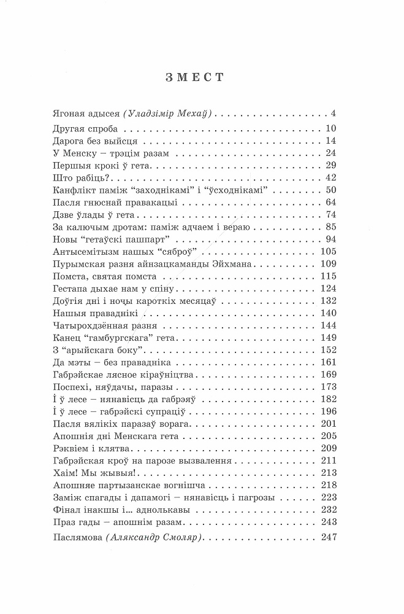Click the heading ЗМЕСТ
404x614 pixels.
click(x=202, y=78)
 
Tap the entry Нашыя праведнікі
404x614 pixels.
click(x=86, y=313)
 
